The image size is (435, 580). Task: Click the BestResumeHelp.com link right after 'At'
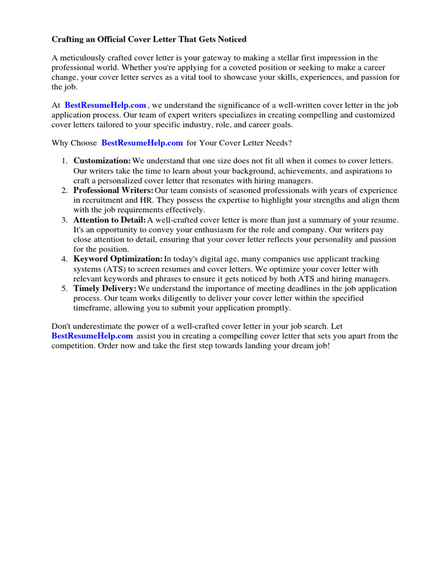pos(105,105)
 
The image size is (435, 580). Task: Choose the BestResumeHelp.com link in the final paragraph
pos(88,336)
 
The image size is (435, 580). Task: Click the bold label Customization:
pos(103,161)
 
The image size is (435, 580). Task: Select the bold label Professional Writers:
pos(113,190)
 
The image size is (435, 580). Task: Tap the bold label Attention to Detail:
pos(110,220)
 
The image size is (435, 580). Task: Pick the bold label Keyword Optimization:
pos(118,259)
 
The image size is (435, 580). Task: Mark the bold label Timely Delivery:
pos(105,288)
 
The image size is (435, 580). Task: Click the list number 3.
pos(65,220)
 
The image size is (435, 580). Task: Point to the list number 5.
pos(65,288)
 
